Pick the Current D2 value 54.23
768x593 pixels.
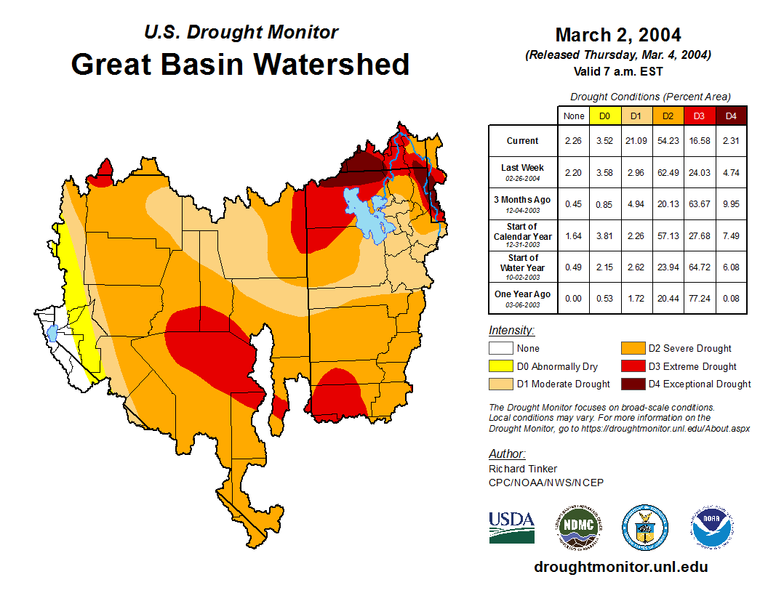point(668,141)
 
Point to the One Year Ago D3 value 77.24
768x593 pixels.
point(699,299)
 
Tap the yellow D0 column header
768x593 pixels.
point(604,116)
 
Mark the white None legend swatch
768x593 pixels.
point(501,349)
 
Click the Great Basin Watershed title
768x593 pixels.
point(240,65)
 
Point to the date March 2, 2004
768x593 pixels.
point(617,35)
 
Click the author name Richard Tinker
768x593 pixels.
point(522,469)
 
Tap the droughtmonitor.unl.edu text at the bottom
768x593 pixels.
point(620,567)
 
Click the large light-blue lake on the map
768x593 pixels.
point(367,214)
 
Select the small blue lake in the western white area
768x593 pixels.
point(52,335)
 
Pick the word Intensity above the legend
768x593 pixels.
point(511,330)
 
